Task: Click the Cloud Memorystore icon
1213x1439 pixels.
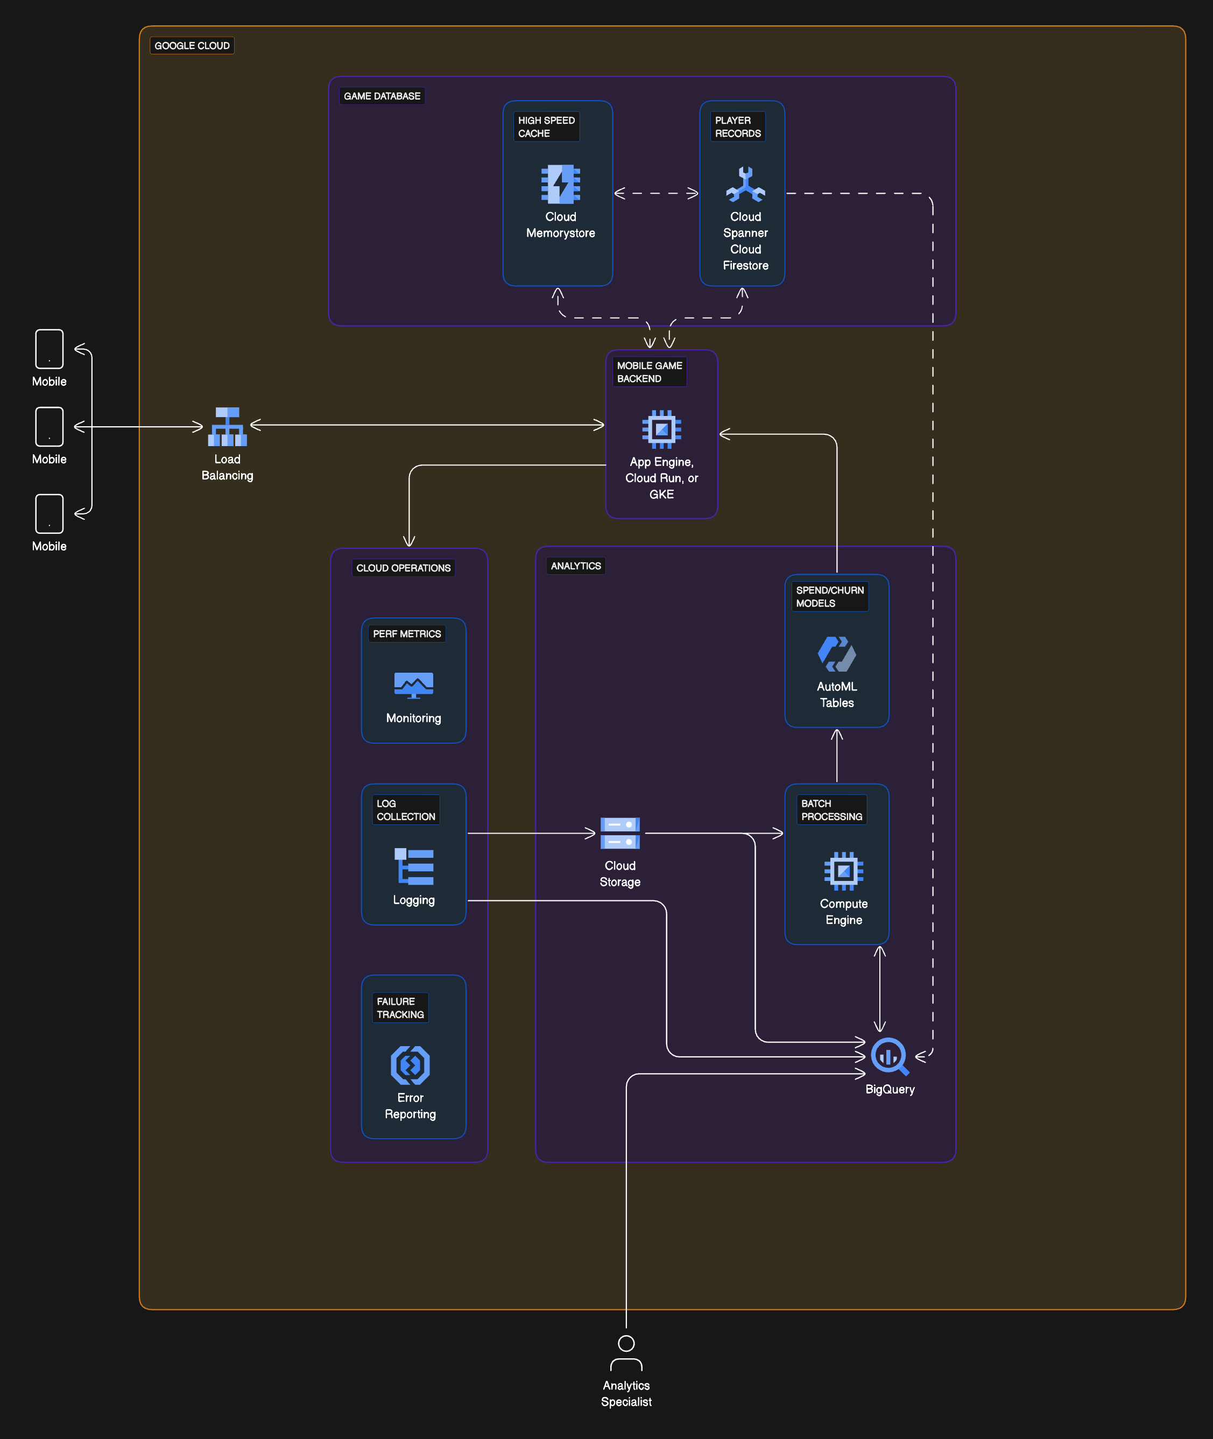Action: coord(560,184)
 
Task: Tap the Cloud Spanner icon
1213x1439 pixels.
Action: coord(745,184)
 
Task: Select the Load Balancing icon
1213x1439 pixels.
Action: coord(227,427)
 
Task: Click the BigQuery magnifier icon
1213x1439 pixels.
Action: coord(889,1056)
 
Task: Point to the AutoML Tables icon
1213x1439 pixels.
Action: coord(836,654)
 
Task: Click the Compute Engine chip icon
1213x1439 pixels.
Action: coord(843,871)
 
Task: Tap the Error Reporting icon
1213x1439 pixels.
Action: coord(410,1065)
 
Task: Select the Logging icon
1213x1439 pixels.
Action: coord(413,866)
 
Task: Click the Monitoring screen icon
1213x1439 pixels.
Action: coord(413,685)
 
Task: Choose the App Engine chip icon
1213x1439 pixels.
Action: coord(661,429)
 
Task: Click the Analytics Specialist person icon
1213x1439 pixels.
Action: coord(626,1353)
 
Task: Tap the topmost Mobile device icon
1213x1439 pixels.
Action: coord(50,349)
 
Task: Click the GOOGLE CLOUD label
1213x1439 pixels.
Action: coord(192,45)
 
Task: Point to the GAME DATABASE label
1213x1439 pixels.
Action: coord(382,96)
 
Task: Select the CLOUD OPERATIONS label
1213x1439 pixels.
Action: coord(403,568)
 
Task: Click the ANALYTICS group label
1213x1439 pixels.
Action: coord(576,566)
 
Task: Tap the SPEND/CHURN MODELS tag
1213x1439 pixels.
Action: coord(829,596)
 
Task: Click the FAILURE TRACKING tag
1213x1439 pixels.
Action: coord(400,1007)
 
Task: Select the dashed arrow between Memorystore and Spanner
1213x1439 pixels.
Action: coord(656,193)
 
